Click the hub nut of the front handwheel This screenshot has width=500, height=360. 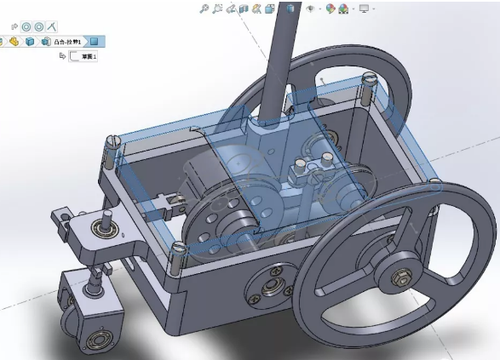(399, 276)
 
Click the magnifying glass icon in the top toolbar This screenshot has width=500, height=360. (204, 9)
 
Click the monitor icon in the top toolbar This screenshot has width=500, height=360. (365, 9)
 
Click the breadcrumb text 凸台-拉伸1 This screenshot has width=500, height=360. (66, 41)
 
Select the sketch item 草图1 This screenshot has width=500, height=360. (88, 57)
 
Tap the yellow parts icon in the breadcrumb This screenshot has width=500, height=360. (14, 41)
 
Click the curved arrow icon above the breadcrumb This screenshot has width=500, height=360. (14, 26)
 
